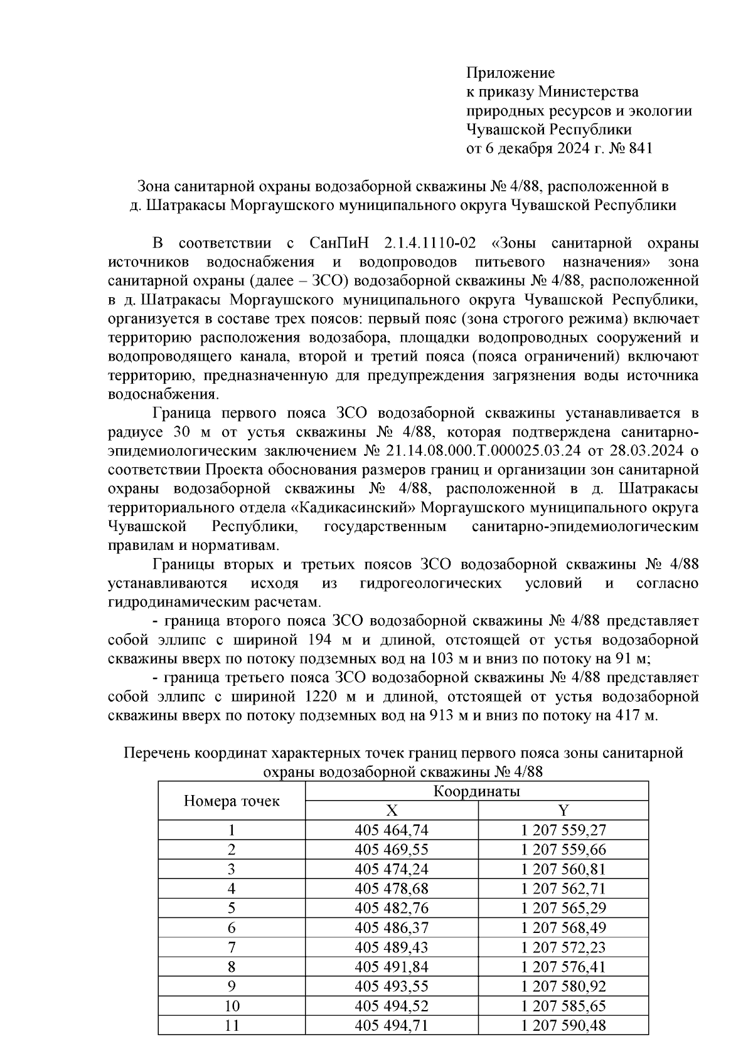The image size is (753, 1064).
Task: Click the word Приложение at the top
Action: [x=510, y=73]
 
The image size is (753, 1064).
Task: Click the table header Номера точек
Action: [x=232, y=801]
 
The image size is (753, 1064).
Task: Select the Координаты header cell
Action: [x=476, y=791]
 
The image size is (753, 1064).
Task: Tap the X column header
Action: [x=391, y=810]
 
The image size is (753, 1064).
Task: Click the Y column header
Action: [x=563, y=810]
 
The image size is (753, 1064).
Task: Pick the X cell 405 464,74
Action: [x=391, y=830]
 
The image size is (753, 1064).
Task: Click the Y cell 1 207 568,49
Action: [x=563, y=927]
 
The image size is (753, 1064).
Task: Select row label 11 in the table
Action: [x=232, y=1025]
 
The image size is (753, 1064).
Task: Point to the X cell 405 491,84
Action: [x=391, y=966]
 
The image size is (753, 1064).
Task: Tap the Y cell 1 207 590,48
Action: [x=563, y=1025]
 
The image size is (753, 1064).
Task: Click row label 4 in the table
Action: [x=232, y=888]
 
